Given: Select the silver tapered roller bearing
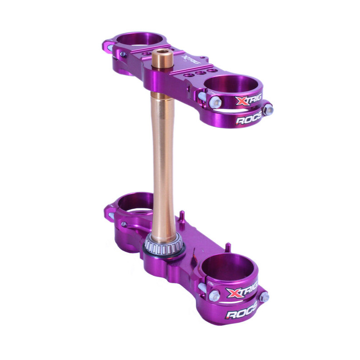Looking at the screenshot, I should pyautogui.click(x=165, y=245).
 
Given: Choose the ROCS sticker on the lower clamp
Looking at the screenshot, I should pyautogui.click(x=241, y=313).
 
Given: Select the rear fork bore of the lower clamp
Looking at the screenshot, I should pyautogui.click(x=135, y=202).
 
